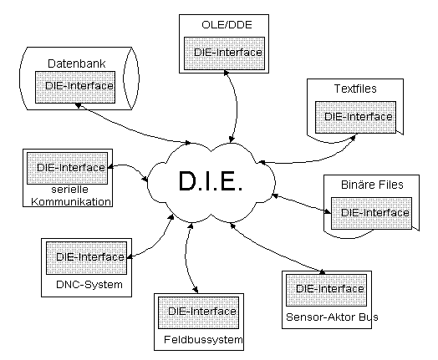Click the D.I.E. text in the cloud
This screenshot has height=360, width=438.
[x=211, y=181]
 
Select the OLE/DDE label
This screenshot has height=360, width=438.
[x=227, y=25]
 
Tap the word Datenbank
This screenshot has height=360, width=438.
[x=77, y=63]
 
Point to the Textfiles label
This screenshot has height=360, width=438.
[x=355, y=89]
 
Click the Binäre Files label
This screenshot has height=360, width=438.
[x=372, y=185]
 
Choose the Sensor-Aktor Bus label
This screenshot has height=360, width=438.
[x=332, y=317]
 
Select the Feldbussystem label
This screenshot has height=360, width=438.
[x=203, y=340]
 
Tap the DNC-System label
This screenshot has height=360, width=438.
[x=89, y=284]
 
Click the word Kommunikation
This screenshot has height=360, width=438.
[x=71, y=201]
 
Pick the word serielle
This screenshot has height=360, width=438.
[x=70, y=190]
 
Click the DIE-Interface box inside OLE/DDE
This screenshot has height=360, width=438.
[x=224, y=53]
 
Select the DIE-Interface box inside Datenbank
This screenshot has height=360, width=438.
[x=75, y=87]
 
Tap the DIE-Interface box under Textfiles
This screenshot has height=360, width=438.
[x=355, y=117]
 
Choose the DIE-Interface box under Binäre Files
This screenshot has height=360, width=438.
[x=371, y=214]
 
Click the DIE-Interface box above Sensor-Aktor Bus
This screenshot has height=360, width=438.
[x=326, y=290]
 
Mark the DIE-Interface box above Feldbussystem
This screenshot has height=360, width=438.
[x=199, y=313]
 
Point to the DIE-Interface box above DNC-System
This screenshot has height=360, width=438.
[x=86, y=258]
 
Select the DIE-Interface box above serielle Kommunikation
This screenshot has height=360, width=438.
[x=67, y=168]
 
